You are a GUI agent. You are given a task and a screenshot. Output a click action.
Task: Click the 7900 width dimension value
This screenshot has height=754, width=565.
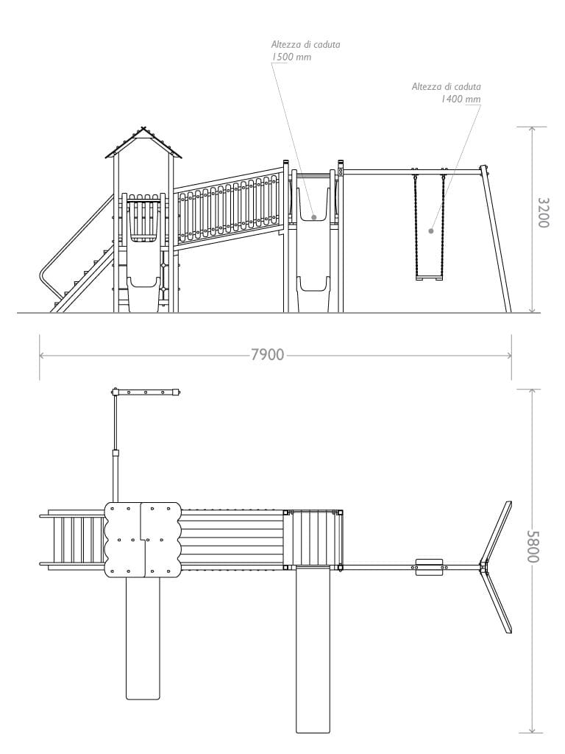(x=267, y=355)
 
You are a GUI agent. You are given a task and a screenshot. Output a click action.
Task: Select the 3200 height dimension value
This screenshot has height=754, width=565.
(x=543, y=212)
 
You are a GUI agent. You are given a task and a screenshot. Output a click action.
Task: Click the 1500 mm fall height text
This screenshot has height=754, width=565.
(x=291, y=57)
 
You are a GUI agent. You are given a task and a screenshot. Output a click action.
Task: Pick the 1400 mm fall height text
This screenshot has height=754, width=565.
(x=461, y=99)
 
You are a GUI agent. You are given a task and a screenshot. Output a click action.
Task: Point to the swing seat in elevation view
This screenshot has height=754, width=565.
(x=430, y=278)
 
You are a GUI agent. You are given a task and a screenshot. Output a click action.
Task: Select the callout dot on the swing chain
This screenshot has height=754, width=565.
(x=431, y=230)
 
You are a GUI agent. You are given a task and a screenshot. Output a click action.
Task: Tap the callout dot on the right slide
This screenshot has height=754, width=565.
(x=314, y=217)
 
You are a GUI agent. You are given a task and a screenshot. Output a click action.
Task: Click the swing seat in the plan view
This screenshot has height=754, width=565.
(x=430, y=566)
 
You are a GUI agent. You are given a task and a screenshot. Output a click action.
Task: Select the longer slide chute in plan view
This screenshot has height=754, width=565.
(x=313, y=648)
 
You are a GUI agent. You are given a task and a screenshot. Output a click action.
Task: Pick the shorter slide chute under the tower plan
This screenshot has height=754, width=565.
(x=143, y=637)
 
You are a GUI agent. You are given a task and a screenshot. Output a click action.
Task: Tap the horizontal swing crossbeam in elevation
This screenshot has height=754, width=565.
(x=412, y=172)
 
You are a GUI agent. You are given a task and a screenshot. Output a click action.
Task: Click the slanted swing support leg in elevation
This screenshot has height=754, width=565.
(x=497, y=239)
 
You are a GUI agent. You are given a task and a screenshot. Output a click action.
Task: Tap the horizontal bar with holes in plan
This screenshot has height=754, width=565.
(x=145, y=392)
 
